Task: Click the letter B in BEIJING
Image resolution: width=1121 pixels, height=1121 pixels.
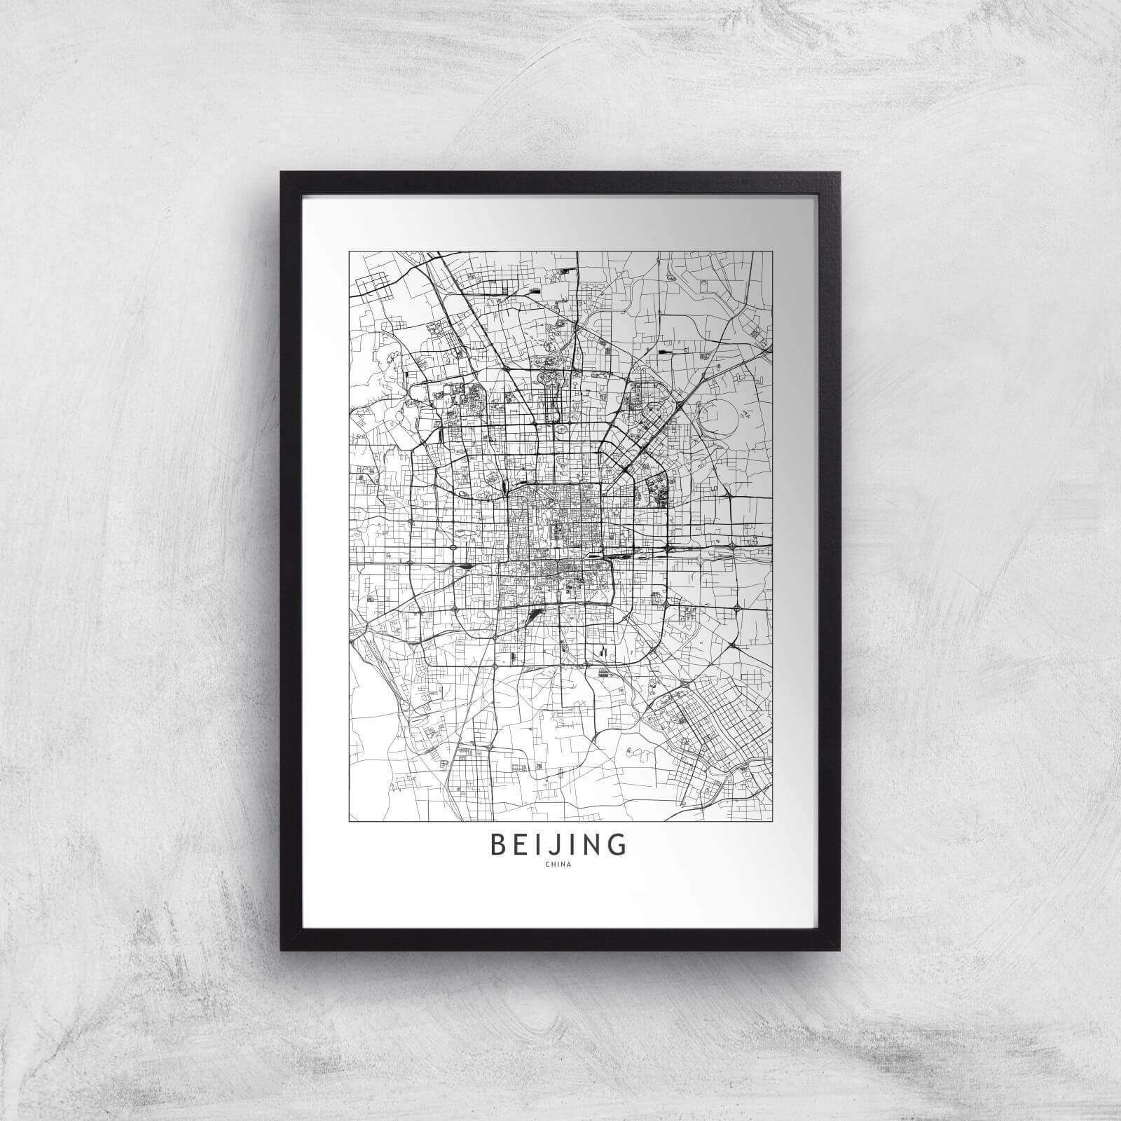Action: point(500,845)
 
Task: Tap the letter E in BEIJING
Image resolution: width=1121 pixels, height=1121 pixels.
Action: point(523,845)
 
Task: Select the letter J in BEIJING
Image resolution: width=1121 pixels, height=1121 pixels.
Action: point(556,845)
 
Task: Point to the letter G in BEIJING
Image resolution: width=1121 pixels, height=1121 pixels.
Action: point(617,845)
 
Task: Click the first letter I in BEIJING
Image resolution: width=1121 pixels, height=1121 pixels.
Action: point(540,845)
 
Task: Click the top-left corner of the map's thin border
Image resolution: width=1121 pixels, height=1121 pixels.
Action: point(350,251)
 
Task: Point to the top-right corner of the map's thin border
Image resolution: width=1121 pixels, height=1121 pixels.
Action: point(772,251)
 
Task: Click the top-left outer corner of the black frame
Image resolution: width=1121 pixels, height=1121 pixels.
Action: point(280,172)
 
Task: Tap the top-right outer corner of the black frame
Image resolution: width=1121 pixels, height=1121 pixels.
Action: point(841,172)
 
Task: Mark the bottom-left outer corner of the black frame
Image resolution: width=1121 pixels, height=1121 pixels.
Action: point(280,951)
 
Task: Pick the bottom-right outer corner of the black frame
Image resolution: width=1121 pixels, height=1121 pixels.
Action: point(841,951)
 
